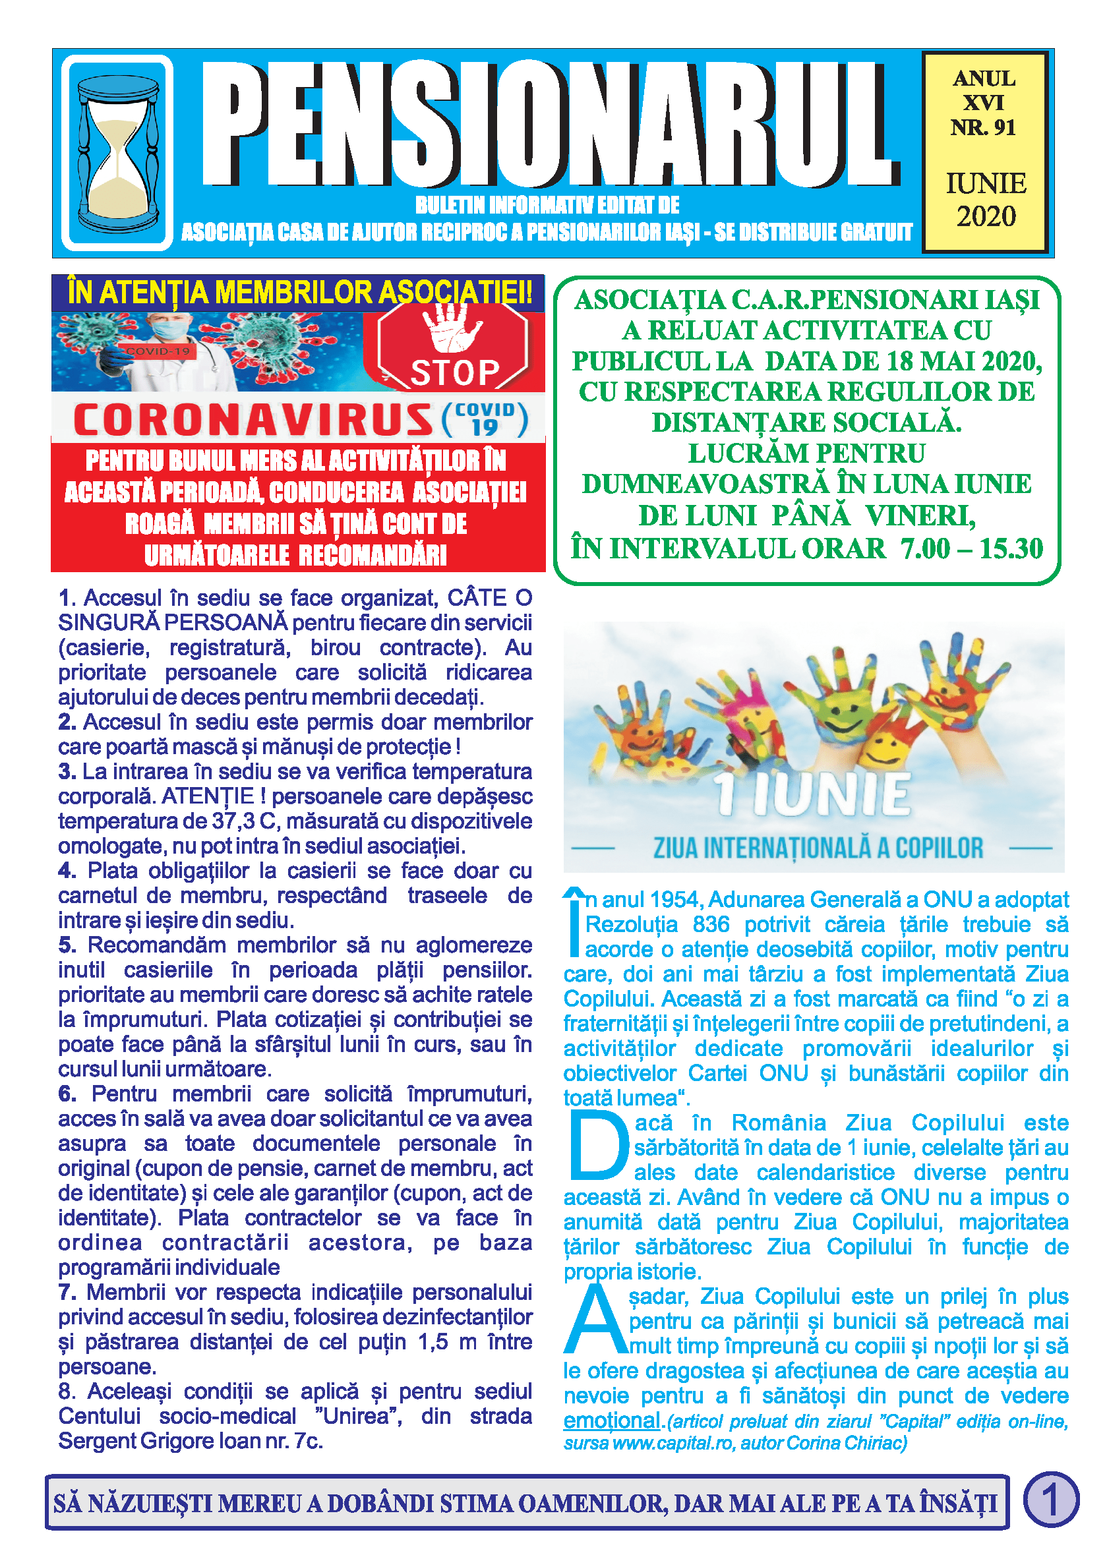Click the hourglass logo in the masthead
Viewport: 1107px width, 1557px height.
coord(117,153)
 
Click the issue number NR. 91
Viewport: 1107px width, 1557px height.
coord(983,127)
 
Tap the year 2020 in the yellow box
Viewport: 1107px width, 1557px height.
coord(986,217)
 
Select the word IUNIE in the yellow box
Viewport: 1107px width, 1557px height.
coord(986,183)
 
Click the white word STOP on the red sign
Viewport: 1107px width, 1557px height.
coord(455,372)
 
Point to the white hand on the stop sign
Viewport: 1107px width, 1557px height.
coord(450,326)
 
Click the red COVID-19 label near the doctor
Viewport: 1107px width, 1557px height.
coord(158,351)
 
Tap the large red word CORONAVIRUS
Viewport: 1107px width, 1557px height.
coord(253,420)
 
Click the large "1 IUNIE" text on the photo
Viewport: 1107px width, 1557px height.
coord(812,795)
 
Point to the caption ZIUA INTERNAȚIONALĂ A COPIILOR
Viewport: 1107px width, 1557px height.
coord(818,848)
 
